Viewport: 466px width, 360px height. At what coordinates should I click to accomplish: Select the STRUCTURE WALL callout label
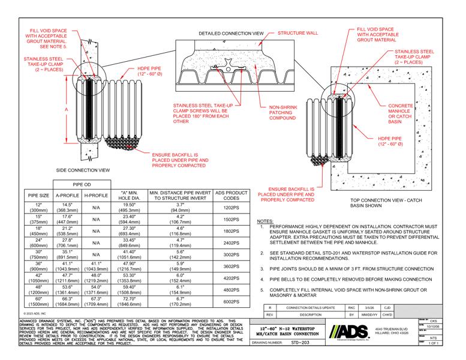point(297,28)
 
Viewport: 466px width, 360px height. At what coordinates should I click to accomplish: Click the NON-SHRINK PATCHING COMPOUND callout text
point(278,113)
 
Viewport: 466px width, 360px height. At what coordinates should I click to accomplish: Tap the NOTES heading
point(264,221)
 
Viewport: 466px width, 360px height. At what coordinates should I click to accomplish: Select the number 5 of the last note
point(262,289)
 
